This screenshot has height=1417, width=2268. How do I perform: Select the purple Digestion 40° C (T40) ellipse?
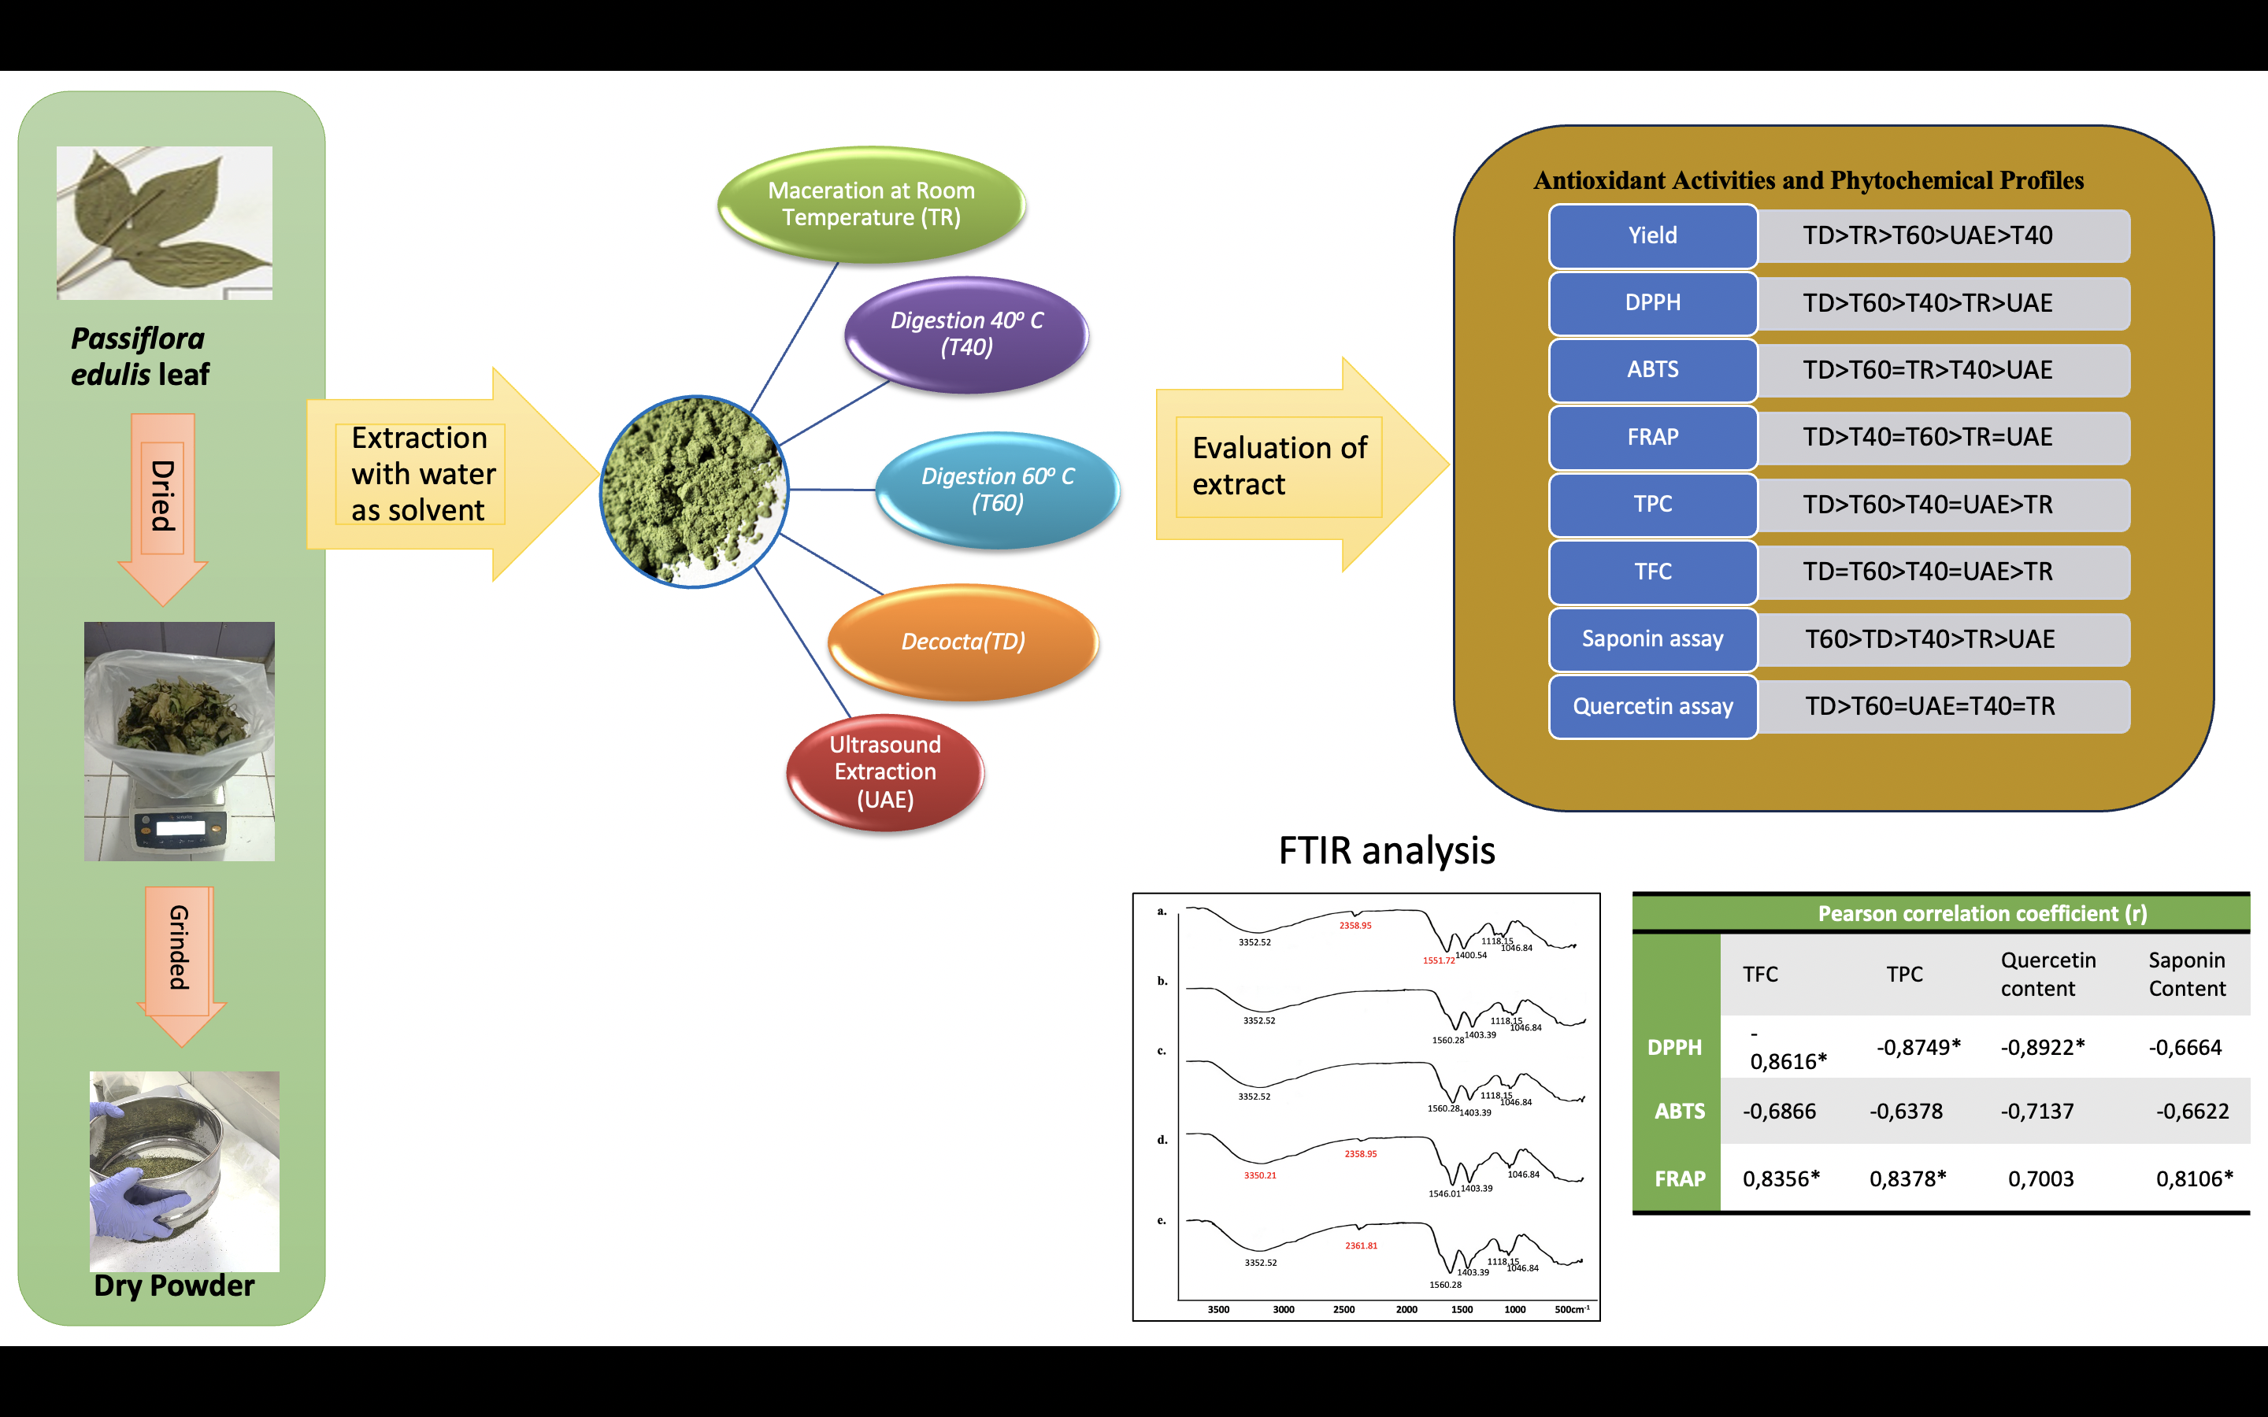coord(966,334)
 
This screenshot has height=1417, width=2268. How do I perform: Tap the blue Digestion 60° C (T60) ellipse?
coord(997,489)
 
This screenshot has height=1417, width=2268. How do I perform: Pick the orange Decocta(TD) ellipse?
coord(963,642)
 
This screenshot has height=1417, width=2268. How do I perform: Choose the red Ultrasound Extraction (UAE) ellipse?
coord(884,771)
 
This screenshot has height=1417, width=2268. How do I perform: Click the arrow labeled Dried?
coord(163,506)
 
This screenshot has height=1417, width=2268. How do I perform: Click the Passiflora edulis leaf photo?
coord(165,223)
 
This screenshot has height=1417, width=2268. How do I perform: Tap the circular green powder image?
coord(694,491)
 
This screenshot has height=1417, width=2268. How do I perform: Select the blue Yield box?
coord(1652,235)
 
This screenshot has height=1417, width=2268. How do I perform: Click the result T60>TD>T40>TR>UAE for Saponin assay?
coord(1929,639)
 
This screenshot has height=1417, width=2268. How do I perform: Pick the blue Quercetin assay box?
coord(1652,707)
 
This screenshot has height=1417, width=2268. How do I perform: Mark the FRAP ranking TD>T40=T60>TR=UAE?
coord(1928,437)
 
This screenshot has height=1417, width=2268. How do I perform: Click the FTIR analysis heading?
coord(1386,851)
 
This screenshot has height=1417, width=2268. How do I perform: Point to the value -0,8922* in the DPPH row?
coord(2042,1047)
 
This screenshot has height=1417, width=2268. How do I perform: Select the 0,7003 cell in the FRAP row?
coord(2040,1179)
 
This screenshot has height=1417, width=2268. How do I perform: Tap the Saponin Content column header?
coord(2186,974)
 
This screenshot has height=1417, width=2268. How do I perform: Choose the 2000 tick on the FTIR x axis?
coord(1406,1309)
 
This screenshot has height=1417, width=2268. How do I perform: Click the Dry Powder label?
coord(174,1286)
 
